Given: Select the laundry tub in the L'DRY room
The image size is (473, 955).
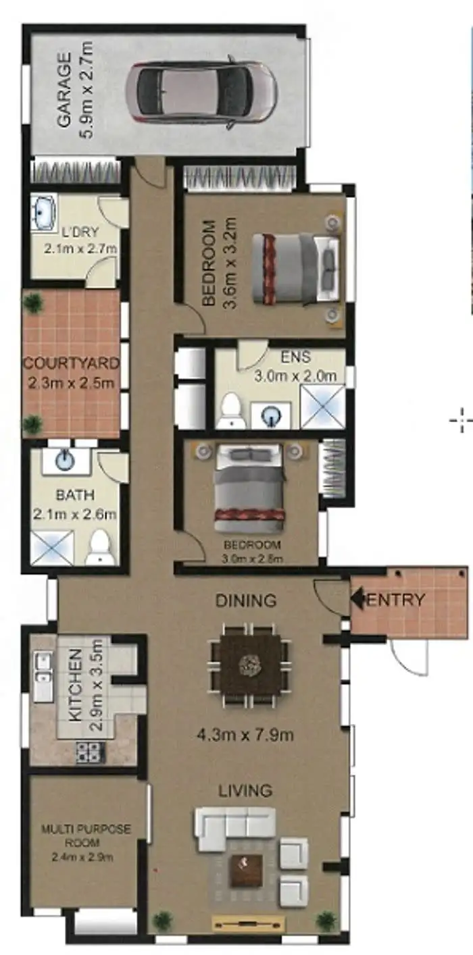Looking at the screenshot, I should tap(45, 213).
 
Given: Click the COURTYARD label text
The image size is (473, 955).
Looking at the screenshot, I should tap(71, 363).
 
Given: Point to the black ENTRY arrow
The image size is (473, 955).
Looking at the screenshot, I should tap(356, 598).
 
